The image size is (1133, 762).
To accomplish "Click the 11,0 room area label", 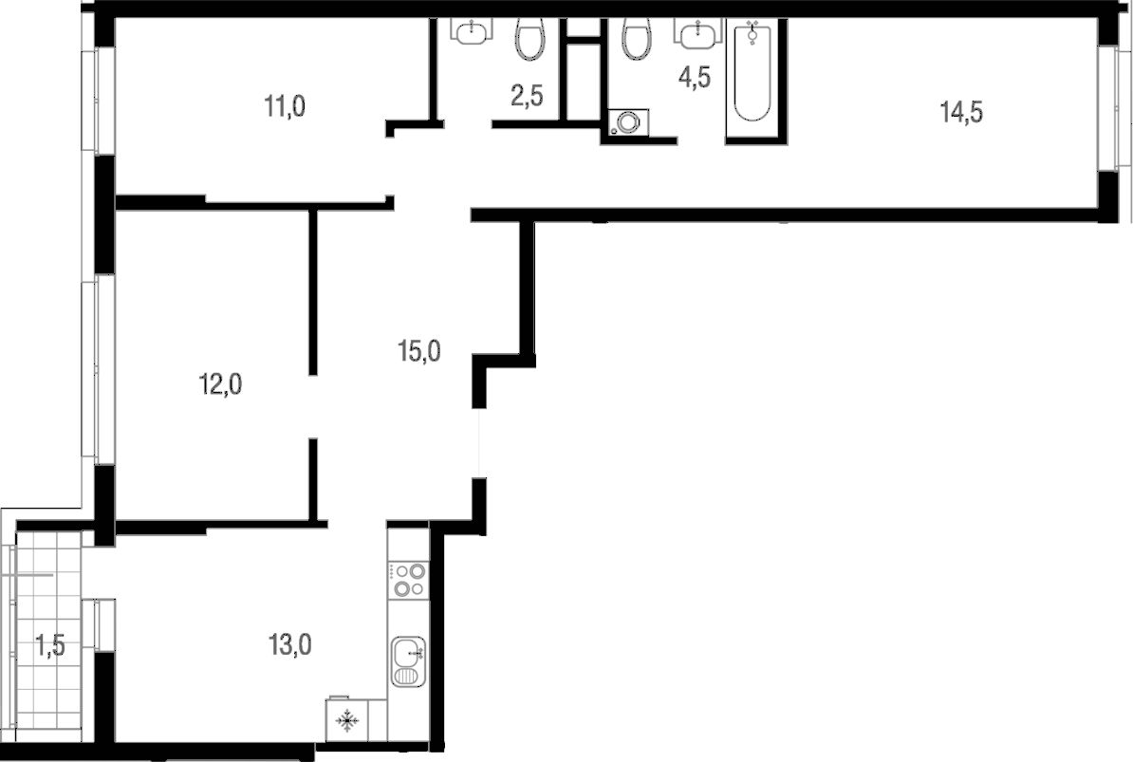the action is click(x=285, y=107).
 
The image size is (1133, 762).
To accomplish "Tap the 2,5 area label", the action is click(x=527, y=95).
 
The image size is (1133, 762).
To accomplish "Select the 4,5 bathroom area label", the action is click(x=694, y=77).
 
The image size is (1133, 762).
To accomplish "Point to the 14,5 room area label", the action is click(x=961, y=112).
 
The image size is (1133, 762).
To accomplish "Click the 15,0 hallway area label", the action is click(x=419, y=352).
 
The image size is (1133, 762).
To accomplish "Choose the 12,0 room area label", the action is click(x=220, y=384).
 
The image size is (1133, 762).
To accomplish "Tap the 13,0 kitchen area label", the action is click(x=290, y=644).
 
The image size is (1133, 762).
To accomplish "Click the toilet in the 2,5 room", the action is click(x=531, y=39).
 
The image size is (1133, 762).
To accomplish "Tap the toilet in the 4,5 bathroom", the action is click(x=637, y=39).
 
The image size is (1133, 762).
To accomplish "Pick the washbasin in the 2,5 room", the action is click(x=472, y=30).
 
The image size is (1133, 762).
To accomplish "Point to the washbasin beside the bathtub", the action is click(x=698, y=33).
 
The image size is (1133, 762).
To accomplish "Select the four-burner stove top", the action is click(x=408, y=580).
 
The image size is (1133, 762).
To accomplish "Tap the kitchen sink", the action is click(x=408, y=662).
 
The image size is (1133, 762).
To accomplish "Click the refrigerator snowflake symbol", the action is click(x=348, y=719).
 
